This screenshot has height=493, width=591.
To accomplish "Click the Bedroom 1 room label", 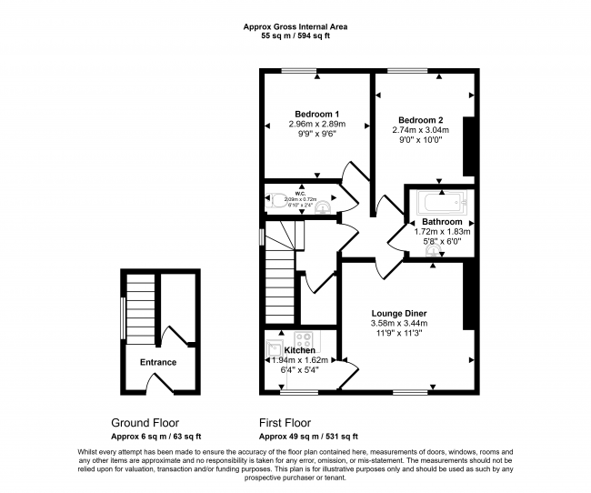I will point(314,113).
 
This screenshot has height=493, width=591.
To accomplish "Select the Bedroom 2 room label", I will point(420,120).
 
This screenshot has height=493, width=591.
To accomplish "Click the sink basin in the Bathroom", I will point(434,253).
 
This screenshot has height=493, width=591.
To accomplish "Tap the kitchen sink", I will point(275,347).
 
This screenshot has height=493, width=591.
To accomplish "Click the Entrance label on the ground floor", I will point(157,362).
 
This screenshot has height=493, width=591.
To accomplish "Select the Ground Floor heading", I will point(145,423).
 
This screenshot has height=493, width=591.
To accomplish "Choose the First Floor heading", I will point(285,423).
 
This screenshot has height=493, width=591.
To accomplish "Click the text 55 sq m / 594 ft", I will point(295,37).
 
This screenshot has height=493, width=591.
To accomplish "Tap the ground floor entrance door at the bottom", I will point(159,386).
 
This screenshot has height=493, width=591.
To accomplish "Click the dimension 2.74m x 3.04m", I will point(420,130).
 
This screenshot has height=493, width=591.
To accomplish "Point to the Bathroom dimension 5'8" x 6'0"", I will point(442,241).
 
